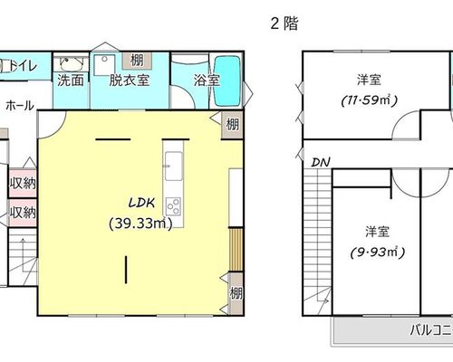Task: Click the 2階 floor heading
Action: [284, 24]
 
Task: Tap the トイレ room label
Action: [23, 66]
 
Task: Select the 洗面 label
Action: [71, 81]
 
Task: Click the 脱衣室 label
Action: [130, 81]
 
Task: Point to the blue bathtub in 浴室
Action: [227, 81]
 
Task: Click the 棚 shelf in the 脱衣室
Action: [137, 61]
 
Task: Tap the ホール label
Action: [20, 106]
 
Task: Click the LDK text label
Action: [141, 203]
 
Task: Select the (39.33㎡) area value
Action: [140, 224]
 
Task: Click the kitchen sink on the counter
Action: [174, 166]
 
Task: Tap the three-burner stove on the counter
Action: [173, 206]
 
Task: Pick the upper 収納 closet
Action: [23, 183]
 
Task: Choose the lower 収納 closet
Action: [23, 213]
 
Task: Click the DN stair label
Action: [321, 163]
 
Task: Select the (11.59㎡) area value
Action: [369, 100]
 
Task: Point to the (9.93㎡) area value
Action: [378, 252]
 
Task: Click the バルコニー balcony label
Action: [431, 330]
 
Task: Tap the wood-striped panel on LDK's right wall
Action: [236, 250]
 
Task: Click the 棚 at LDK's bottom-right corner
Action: [236, 293]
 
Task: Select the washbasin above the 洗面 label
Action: [71, 63]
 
